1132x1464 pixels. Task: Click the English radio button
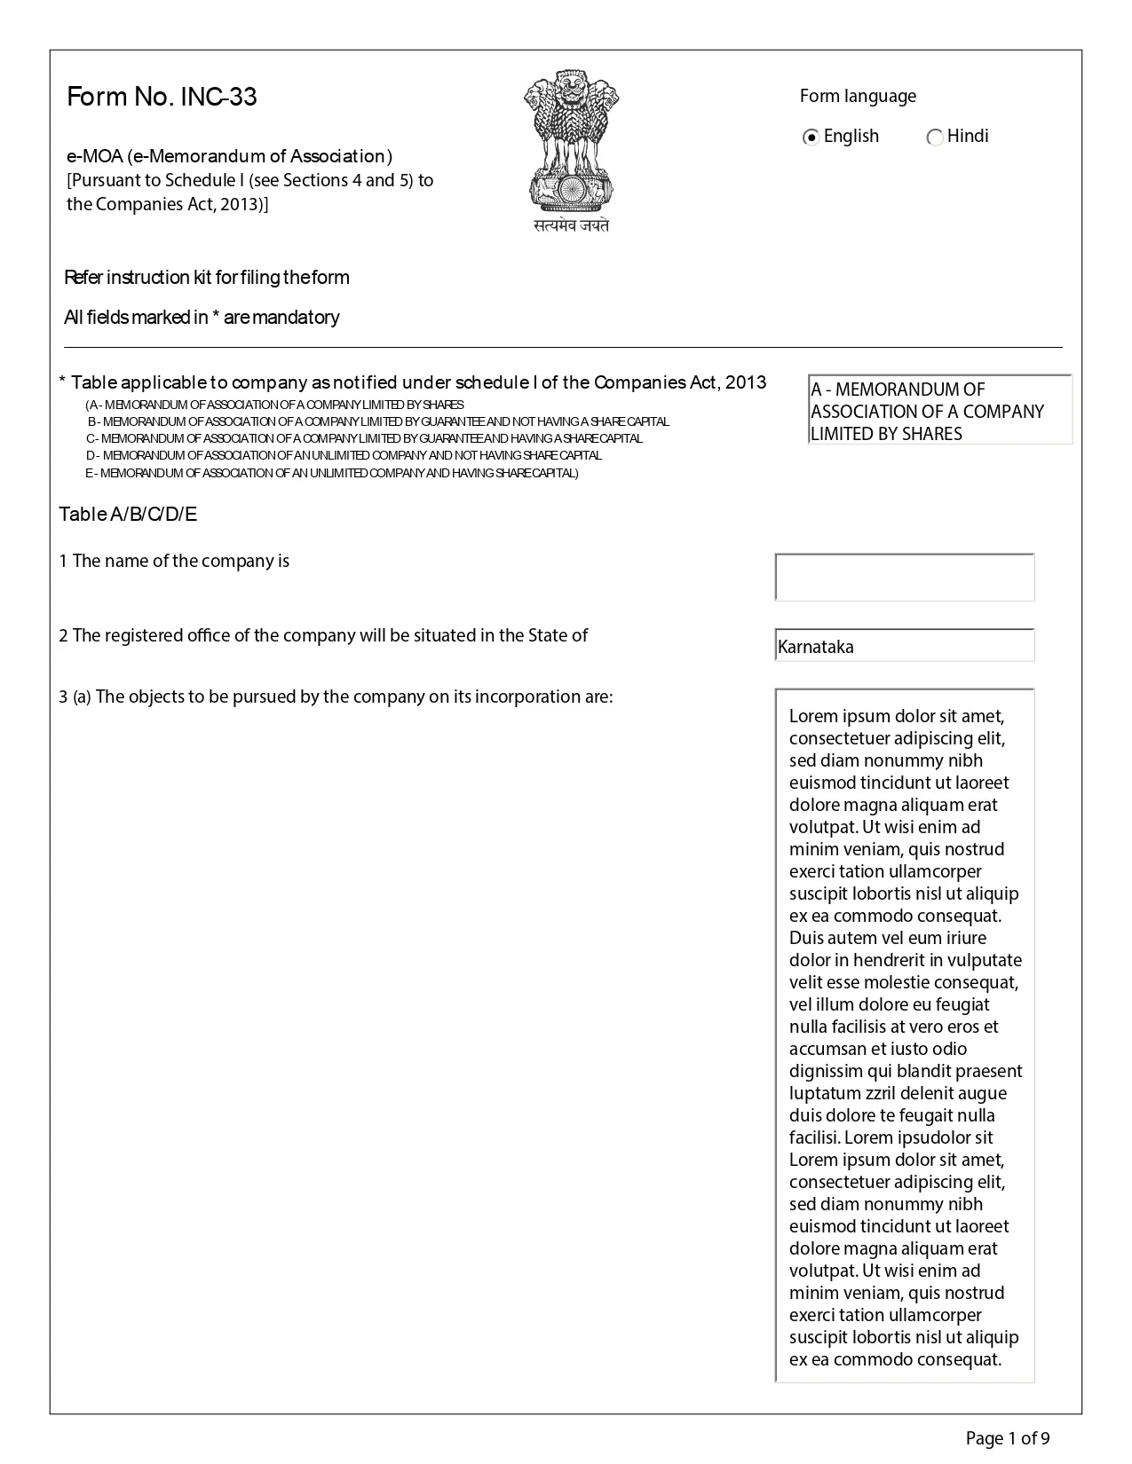[x=811, y=138]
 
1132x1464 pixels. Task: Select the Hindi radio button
[x=934, y=138]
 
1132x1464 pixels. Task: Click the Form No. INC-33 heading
[x=162, y=97]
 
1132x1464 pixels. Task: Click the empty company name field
[x=904, y=578]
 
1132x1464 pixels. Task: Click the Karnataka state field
[x=904, y=646]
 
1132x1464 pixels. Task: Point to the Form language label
[x=857, y=96]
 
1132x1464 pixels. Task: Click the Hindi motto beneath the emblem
[x=571, y=226]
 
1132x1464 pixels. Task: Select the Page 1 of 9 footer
[x=1008, y=1438]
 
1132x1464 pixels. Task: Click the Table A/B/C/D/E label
[x=128, y=515]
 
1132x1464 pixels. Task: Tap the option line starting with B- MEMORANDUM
[x=377, y=421]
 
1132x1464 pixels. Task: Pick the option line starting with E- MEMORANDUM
[x=331, y=473]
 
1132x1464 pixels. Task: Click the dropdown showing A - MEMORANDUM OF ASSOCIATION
[x=939, y=411]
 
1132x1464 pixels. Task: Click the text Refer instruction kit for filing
[x=207, y=278]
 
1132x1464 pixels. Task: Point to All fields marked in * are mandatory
[x=202, y=318]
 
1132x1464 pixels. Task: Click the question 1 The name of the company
[x=174, y=561]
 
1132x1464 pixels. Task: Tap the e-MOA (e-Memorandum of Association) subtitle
[x=229, y=157]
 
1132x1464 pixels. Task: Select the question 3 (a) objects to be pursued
[x=336, y=697]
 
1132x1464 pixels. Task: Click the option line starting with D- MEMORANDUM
[x=344, y=455]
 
